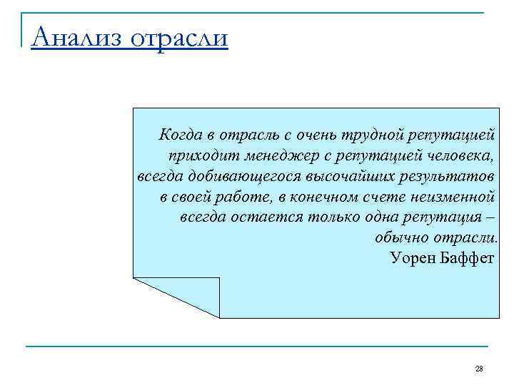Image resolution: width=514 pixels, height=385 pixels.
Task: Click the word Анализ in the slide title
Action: click(x=74, y=35)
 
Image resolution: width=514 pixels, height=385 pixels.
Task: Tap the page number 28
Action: click(x=479, y=369)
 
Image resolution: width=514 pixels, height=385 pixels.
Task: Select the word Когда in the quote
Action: click(x=181, y=134)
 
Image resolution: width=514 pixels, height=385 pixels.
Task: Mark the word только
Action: click(x=336, y=217)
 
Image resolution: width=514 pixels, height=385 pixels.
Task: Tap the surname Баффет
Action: click(x=469, y=257)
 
